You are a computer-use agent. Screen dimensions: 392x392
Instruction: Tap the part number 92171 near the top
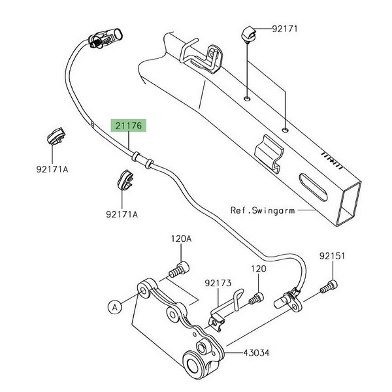pyautogui.click(x=285, y=29)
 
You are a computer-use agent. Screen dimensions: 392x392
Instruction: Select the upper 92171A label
pyautogui.click(x=52, y=170)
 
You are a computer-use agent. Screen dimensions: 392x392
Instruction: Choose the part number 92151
pyautogui.click(x=332, y=256)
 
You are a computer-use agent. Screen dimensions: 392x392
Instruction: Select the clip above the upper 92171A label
pyautogui.click(x=57, y=135)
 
